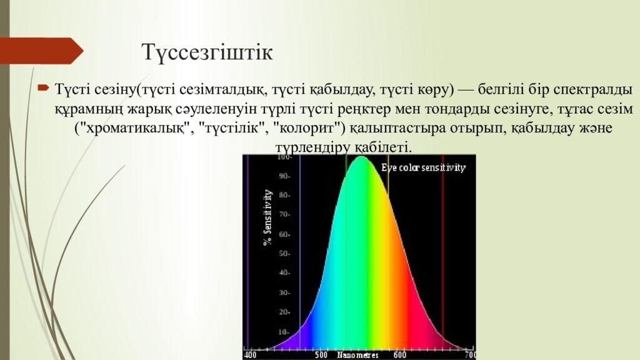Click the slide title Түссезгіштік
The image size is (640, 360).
207,52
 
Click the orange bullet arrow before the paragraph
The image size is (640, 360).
43,88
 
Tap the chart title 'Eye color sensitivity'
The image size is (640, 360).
424,167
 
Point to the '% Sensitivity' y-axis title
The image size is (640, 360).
267,217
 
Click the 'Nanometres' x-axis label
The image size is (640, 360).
358,354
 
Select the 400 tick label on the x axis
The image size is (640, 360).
250,354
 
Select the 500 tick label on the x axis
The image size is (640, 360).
321,354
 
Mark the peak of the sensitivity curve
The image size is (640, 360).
361,157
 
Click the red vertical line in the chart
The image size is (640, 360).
442,250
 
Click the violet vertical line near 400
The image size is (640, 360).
248,250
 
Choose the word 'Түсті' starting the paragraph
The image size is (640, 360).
69,89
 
